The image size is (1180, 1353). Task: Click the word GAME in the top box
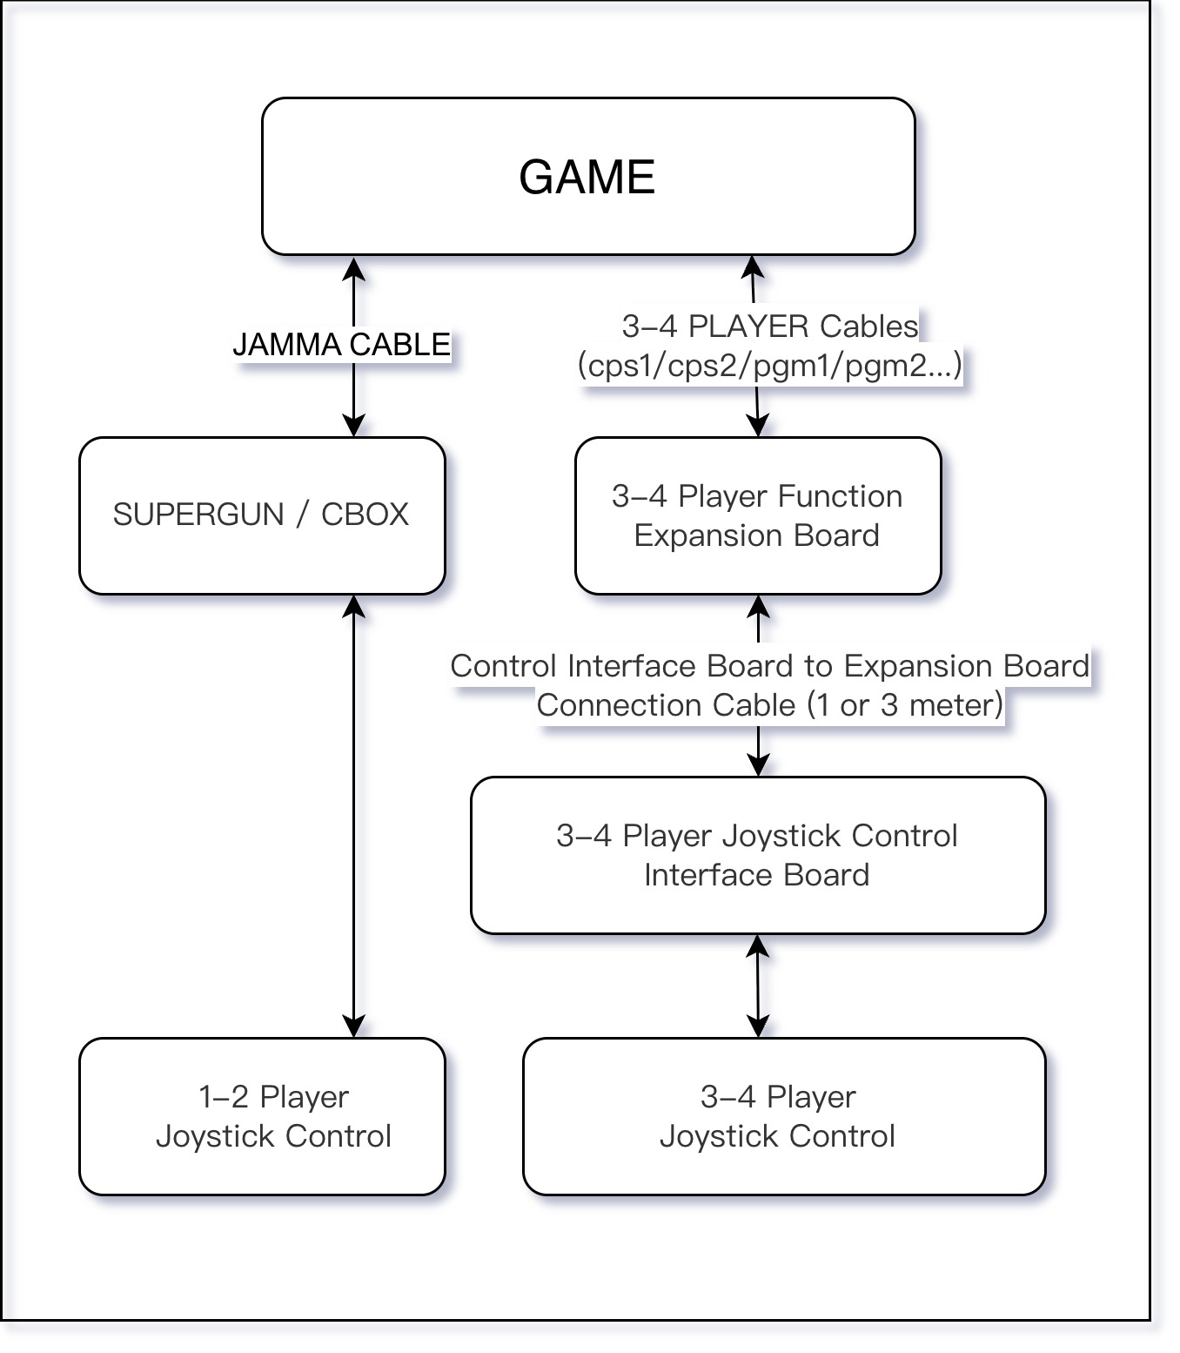tap(587, 177)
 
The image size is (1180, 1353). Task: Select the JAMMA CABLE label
tap(341, 345)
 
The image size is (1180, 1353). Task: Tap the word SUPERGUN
tap(198, 515)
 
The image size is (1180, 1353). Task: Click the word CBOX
tap(365, 515)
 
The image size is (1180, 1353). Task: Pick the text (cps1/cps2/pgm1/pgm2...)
tap(770, 365)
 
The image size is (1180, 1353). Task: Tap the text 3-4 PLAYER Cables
tap(770, 326)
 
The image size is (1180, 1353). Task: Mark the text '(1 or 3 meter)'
tap(905, 704)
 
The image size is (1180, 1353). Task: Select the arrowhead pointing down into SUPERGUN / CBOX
tap(353, 426)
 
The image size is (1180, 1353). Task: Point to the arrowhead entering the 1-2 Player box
tap(353, 1027)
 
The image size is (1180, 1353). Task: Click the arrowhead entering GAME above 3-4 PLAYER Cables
tap(753, 266)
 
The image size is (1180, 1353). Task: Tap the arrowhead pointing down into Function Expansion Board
tap(758, 426)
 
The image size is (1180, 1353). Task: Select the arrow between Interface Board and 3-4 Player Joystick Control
tap(758, 986)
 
